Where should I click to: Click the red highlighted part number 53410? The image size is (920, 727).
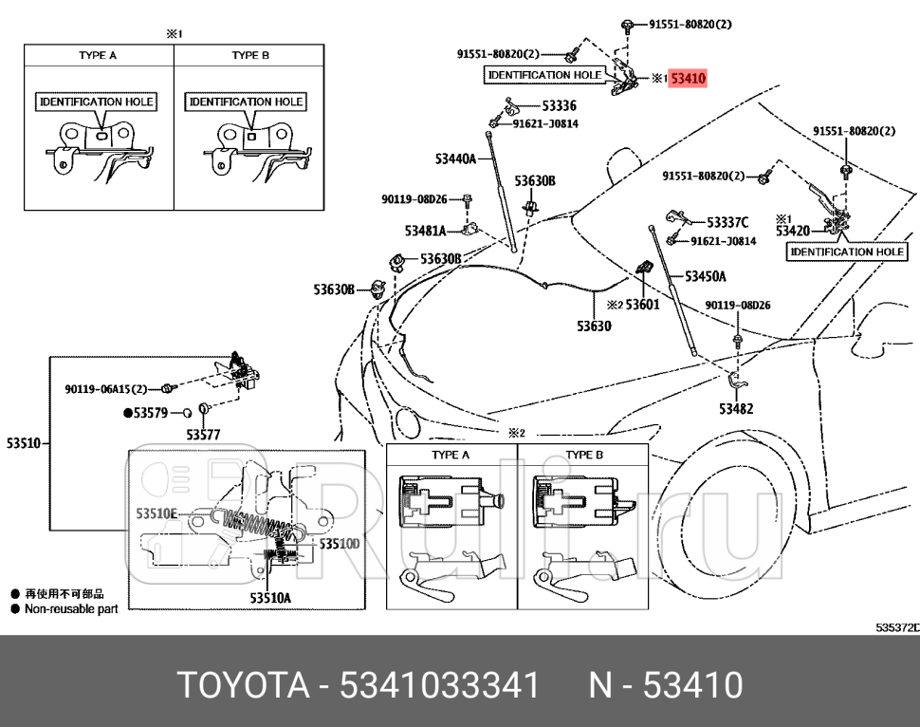(688, 79)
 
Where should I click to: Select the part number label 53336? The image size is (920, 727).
(559, 106)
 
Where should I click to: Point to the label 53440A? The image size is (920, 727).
(456, 158)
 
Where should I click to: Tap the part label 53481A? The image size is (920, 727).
(426, 231)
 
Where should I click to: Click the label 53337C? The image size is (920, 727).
(727, 224)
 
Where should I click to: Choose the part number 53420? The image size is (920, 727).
(792, 230)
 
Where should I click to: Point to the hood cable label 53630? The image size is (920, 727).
(594, 326)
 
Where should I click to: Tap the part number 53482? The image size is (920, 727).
(736, 409)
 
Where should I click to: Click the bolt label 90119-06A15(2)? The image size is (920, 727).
(106, 389)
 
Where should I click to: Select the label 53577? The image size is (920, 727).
(202, 435)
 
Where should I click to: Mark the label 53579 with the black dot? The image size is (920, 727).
(150, 413)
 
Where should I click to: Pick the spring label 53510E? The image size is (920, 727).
(156, 513)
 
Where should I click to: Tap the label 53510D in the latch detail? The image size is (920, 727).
(339, 544)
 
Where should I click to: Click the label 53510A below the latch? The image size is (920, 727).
(270, 598)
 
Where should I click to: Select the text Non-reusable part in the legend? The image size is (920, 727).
(70, 609)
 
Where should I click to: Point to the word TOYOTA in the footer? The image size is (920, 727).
(243, 684)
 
